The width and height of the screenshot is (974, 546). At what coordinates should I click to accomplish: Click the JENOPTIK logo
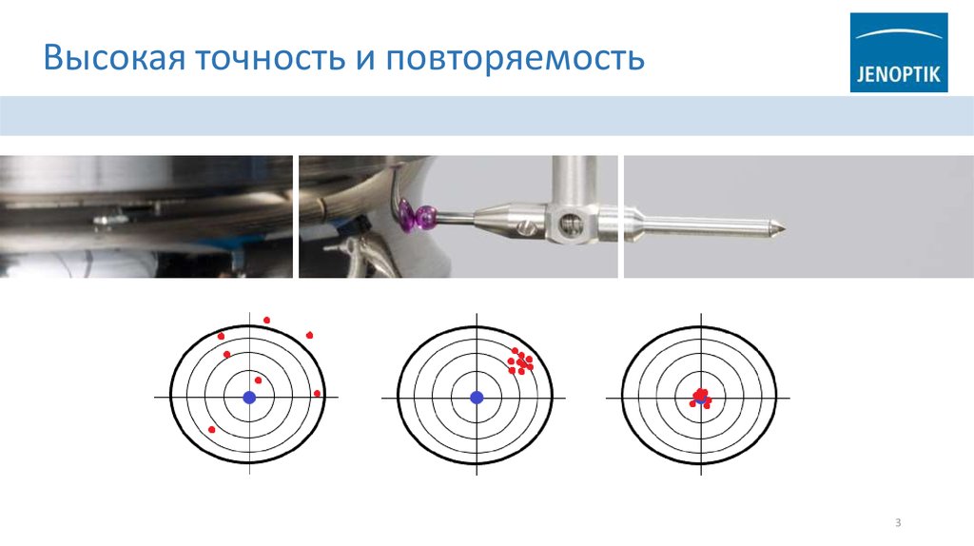pos(899,52)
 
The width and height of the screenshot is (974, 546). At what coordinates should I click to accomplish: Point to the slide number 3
pos(897,522)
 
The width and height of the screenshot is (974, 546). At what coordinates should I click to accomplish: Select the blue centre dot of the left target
pos(249,397)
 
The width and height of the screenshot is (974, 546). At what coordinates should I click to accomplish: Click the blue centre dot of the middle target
pos(477,397)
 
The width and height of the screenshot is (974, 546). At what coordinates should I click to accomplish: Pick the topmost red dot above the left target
pos(266,321)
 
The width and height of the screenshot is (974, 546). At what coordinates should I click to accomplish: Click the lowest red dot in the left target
pos(211,430)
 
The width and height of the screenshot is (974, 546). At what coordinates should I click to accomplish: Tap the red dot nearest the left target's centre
pos(258,380)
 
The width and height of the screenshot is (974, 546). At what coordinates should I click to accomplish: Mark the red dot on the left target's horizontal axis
pos(317,394)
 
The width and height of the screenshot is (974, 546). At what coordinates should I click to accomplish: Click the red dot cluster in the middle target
pos(520,361)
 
